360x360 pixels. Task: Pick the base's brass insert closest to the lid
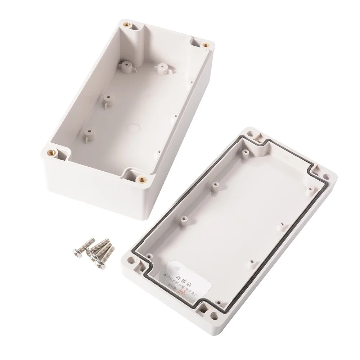click(141, 179)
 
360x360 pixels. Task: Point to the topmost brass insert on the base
click(127, 24)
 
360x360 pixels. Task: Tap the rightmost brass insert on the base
click(206, 45)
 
